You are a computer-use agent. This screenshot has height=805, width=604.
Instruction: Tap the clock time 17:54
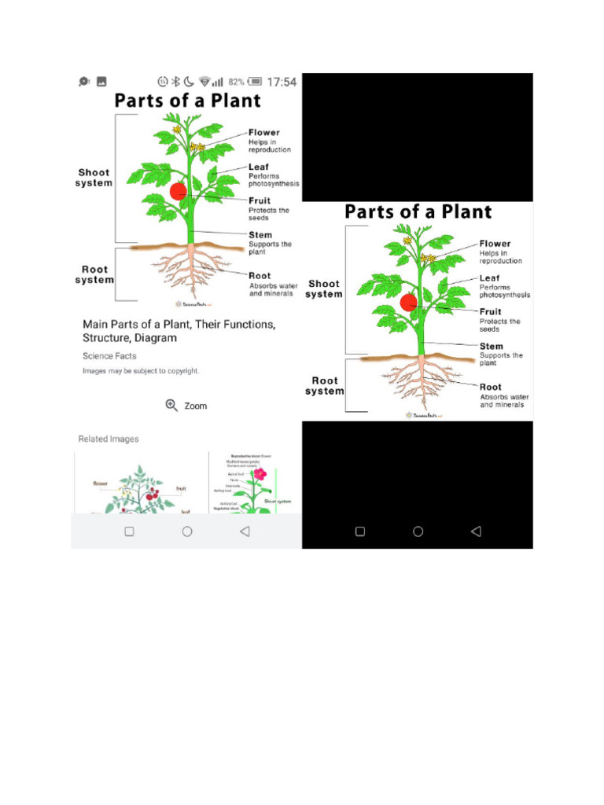pyautogui.click(x=282, y=82)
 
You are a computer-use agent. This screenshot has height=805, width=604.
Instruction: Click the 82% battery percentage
pyautogui.click(x=236, y=82)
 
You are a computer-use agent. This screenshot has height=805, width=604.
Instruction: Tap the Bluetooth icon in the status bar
pyautogui.click(x=176, y=82)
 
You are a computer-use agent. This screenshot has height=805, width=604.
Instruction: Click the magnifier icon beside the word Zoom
pyautogui.click(x=171, y=405)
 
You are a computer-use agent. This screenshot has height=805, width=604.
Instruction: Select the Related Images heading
pyautogui.click(x=109, y=439)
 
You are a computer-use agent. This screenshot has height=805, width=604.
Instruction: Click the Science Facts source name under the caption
pyautogui.click(x=109, y=356)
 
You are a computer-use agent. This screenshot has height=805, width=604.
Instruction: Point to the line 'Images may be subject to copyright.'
pyautogui.click(x=141, y=370)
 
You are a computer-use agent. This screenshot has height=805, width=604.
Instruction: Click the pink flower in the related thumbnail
pyautogui.click(x=260, y=474)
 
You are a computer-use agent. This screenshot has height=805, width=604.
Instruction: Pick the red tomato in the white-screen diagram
pyautogui.click(x=179, y=191)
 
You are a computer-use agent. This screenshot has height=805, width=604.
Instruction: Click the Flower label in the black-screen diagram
pyautogui.click(x=495, y=244)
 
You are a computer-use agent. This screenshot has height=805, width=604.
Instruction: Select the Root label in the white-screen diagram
pyautogui.click(x=260, y=276)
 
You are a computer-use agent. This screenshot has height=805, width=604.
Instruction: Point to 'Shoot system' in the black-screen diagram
pyautogui.click(x=324, y=289)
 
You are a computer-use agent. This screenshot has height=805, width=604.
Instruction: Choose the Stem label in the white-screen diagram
pyautogui.click(x=260, y=235)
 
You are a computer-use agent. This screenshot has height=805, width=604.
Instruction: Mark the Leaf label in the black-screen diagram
pyautogui.click(x=489, y=278)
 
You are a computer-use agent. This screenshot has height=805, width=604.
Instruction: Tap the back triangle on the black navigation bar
pyautogui.click(x=475, y=531)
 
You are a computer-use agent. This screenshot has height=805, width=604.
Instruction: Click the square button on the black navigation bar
pyautogui.click(x=360, y=531)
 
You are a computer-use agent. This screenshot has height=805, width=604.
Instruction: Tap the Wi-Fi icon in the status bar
pyautogui.click(x=204, y=82)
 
